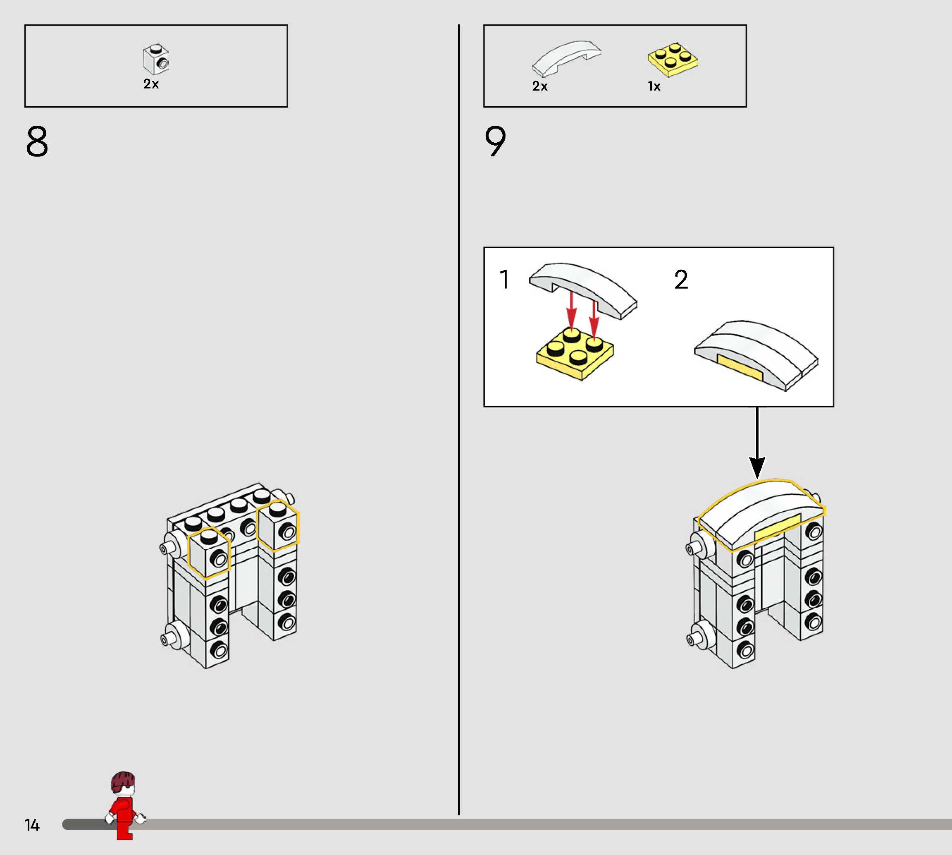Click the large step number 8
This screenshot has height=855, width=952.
click(37, 141)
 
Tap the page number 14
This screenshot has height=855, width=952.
click(32, 825)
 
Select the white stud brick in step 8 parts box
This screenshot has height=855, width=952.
click(156, 59)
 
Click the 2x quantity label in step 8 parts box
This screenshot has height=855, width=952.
click(151, 84)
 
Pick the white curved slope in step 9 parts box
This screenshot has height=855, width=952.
click(565, 57)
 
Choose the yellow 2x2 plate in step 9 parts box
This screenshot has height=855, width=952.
click(672, 60)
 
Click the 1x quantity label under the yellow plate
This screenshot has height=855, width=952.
click(654, 86)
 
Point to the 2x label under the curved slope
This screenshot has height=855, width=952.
click(540, 86)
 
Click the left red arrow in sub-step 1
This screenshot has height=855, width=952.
click(571, 310)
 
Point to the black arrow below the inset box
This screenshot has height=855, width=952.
click(757, 442)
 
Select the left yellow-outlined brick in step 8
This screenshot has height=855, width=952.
click(209, 552)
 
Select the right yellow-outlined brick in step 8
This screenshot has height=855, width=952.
click(278, 525)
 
